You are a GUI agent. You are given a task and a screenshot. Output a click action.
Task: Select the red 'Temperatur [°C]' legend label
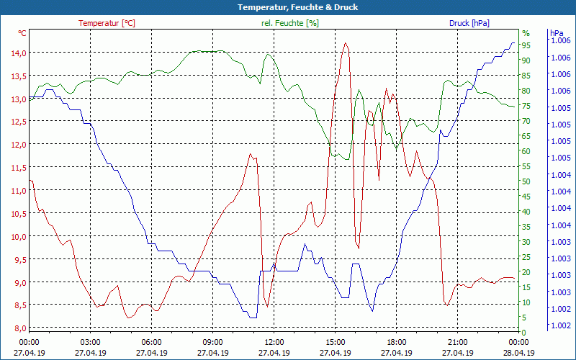click(x=107, y=23)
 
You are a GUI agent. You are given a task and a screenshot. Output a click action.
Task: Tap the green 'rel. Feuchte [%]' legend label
click(x=290, y=23)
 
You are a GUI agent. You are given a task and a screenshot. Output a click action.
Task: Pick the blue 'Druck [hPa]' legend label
click(x=469, y=23)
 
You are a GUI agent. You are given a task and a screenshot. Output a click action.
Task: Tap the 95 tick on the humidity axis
click(x=526, y=45)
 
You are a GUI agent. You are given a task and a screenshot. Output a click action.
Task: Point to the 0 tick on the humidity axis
click(x=524, y=332)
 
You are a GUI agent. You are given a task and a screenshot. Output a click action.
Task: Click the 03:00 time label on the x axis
click(x=90, y=343)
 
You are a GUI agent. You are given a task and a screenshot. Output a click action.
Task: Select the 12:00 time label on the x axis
click(x=274, y=343)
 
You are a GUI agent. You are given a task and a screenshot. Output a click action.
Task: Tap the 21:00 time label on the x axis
click(x=457, y=343)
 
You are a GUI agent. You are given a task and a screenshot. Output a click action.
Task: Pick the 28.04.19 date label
click(x=518, y=353)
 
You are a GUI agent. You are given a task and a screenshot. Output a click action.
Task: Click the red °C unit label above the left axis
click(x=22, y=33)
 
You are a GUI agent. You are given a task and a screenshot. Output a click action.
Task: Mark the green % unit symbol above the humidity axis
click(x=526, y=33)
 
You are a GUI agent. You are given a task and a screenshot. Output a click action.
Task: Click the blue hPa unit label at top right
click(x=557, y=33)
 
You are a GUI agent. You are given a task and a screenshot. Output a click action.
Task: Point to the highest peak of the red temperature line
click(x=346, y=43)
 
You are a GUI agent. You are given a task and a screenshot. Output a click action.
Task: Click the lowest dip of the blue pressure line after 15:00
click(x=372, y=310)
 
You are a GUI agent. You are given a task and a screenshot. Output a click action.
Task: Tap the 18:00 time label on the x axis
click(x=396, y=343)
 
